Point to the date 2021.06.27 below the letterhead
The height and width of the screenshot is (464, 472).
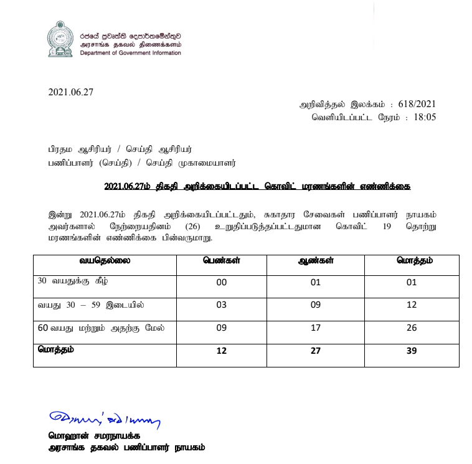click(70, 93)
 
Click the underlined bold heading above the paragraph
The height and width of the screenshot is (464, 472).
click(258, 187)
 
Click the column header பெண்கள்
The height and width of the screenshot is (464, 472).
click(220, 260)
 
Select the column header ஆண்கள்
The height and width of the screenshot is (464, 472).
click(315, 260)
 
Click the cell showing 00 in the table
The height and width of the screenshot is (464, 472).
click(220, 283)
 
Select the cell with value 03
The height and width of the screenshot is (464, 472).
click(220, 306)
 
